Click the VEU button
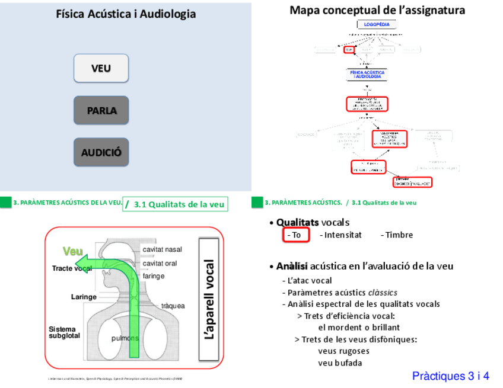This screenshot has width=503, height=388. click(101, 68)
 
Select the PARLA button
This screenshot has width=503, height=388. click(101, 110)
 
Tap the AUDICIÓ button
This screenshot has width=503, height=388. click(101, 152)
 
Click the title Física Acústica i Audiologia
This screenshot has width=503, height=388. click(126, 14)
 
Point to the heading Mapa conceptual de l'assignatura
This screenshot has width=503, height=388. click(377, 10)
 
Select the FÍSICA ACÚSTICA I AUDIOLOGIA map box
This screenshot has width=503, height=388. click(368, 75)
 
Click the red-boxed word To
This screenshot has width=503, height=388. click(295, 235)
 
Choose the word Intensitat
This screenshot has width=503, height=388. click(340, 235)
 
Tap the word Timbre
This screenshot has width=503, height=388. click(397, 235)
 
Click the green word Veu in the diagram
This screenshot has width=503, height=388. click(73, 251)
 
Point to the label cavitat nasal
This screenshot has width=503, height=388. click(162, 249)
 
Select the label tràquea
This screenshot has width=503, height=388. click(173, 306)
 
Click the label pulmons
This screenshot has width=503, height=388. click(125, 338)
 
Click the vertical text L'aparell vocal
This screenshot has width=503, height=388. click(209, 299)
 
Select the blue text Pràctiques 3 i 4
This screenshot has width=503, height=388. click(450, 376)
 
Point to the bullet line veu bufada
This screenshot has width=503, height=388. click(340, 363)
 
